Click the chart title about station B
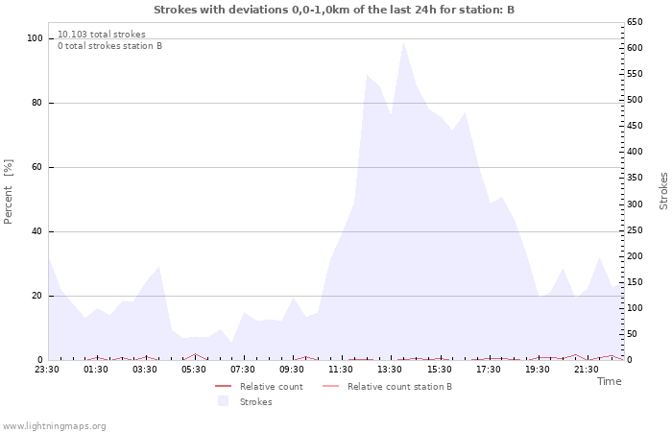(334, 10)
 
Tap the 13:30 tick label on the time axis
(390, 370)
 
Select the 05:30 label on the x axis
(193, 370)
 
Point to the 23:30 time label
(47, 370)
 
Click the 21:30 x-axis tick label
(586, 370)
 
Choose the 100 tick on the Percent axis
(35, 38)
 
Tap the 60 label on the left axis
(36, 167)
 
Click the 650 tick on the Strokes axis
(635, 22)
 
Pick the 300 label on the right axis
(635, 204)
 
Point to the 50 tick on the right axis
(632, 334)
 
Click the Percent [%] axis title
(8, 192)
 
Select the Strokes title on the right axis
(663, 191)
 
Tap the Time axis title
(609, 381)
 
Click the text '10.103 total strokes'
(102, 35)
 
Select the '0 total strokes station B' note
(109, 46)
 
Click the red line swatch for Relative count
(223, 386)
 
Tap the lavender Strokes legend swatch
(223, 401)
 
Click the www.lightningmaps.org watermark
(54, 426)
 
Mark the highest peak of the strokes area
(403, 41)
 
